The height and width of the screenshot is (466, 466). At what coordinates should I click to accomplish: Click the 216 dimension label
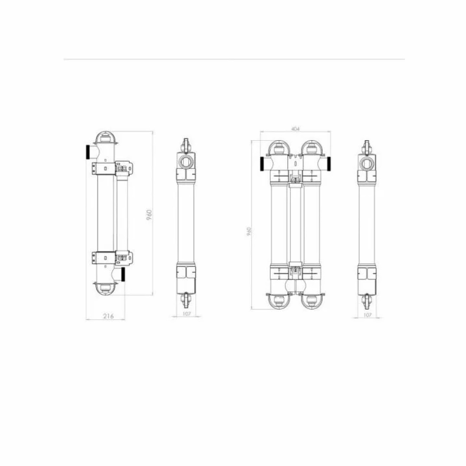(x=108, y=316)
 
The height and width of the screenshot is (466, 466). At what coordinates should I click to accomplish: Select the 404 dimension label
(x=295, y=129)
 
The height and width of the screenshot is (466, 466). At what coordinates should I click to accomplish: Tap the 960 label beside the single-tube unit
(x=149, y=214)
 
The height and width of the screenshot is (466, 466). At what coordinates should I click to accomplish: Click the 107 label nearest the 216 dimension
(x=186, y=314)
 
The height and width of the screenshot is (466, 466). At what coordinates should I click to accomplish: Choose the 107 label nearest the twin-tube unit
(x=367, y=315)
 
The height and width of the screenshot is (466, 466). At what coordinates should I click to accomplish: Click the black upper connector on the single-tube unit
(x=88, y=152)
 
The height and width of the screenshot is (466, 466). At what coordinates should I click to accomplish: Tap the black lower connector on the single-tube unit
(x=123, y=274)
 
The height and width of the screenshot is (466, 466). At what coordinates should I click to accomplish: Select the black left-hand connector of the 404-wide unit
(x=262, y=164)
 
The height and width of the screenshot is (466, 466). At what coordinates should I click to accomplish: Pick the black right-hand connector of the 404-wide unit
(x=329, y=164)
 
